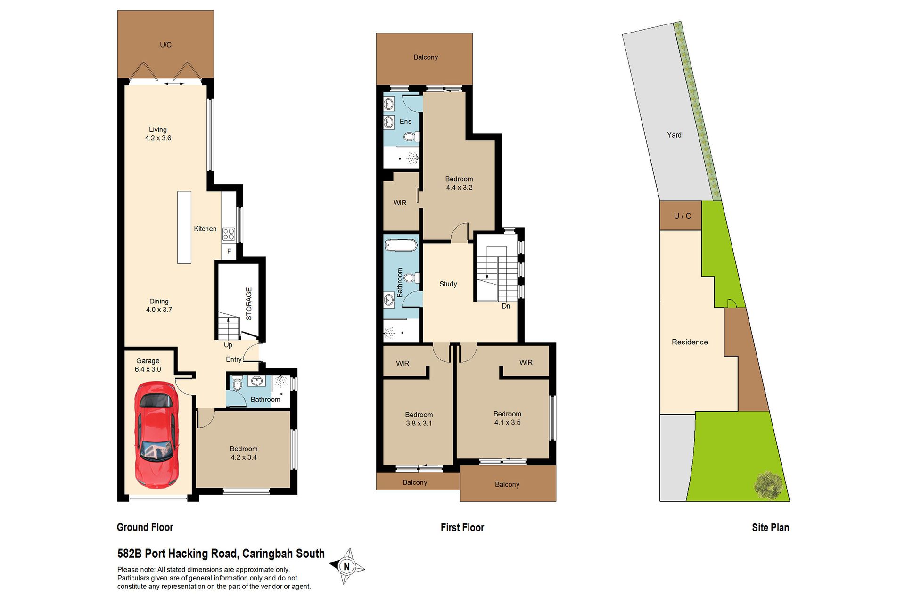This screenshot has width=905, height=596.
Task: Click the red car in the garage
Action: click(156, 435)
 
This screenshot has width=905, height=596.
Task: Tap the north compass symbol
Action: click(347, 566)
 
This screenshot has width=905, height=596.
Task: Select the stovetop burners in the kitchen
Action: click(229, 234)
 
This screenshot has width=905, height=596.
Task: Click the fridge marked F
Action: click(229, 251)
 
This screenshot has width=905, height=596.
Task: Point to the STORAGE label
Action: click(249, 304)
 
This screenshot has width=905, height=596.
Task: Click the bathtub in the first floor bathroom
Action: click(401, 246)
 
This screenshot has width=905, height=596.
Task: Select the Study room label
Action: click(448, 284)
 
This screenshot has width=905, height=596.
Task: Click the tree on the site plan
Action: click(768, 485)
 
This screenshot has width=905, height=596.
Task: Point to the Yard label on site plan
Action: click(674, 135)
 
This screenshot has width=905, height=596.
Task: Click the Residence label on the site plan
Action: click(690, 342)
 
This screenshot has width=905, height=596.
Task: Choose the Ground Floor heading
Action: click(145, 527)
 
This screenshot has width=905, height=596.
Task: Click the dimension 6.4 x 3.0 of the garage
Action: click(148, 369)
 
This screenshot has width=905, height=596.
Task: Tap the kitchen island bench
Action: click(184, 227)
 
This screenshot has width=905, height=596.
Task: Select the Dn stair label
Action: click(506, 306)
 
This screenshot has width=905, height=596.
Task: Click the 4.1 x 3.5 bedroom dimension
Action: click(507, 423)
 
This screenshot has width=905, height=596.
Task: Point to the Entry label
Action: click(234, 359)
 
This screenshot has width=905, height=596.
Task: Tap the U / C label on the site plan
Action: click(682, 216)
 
